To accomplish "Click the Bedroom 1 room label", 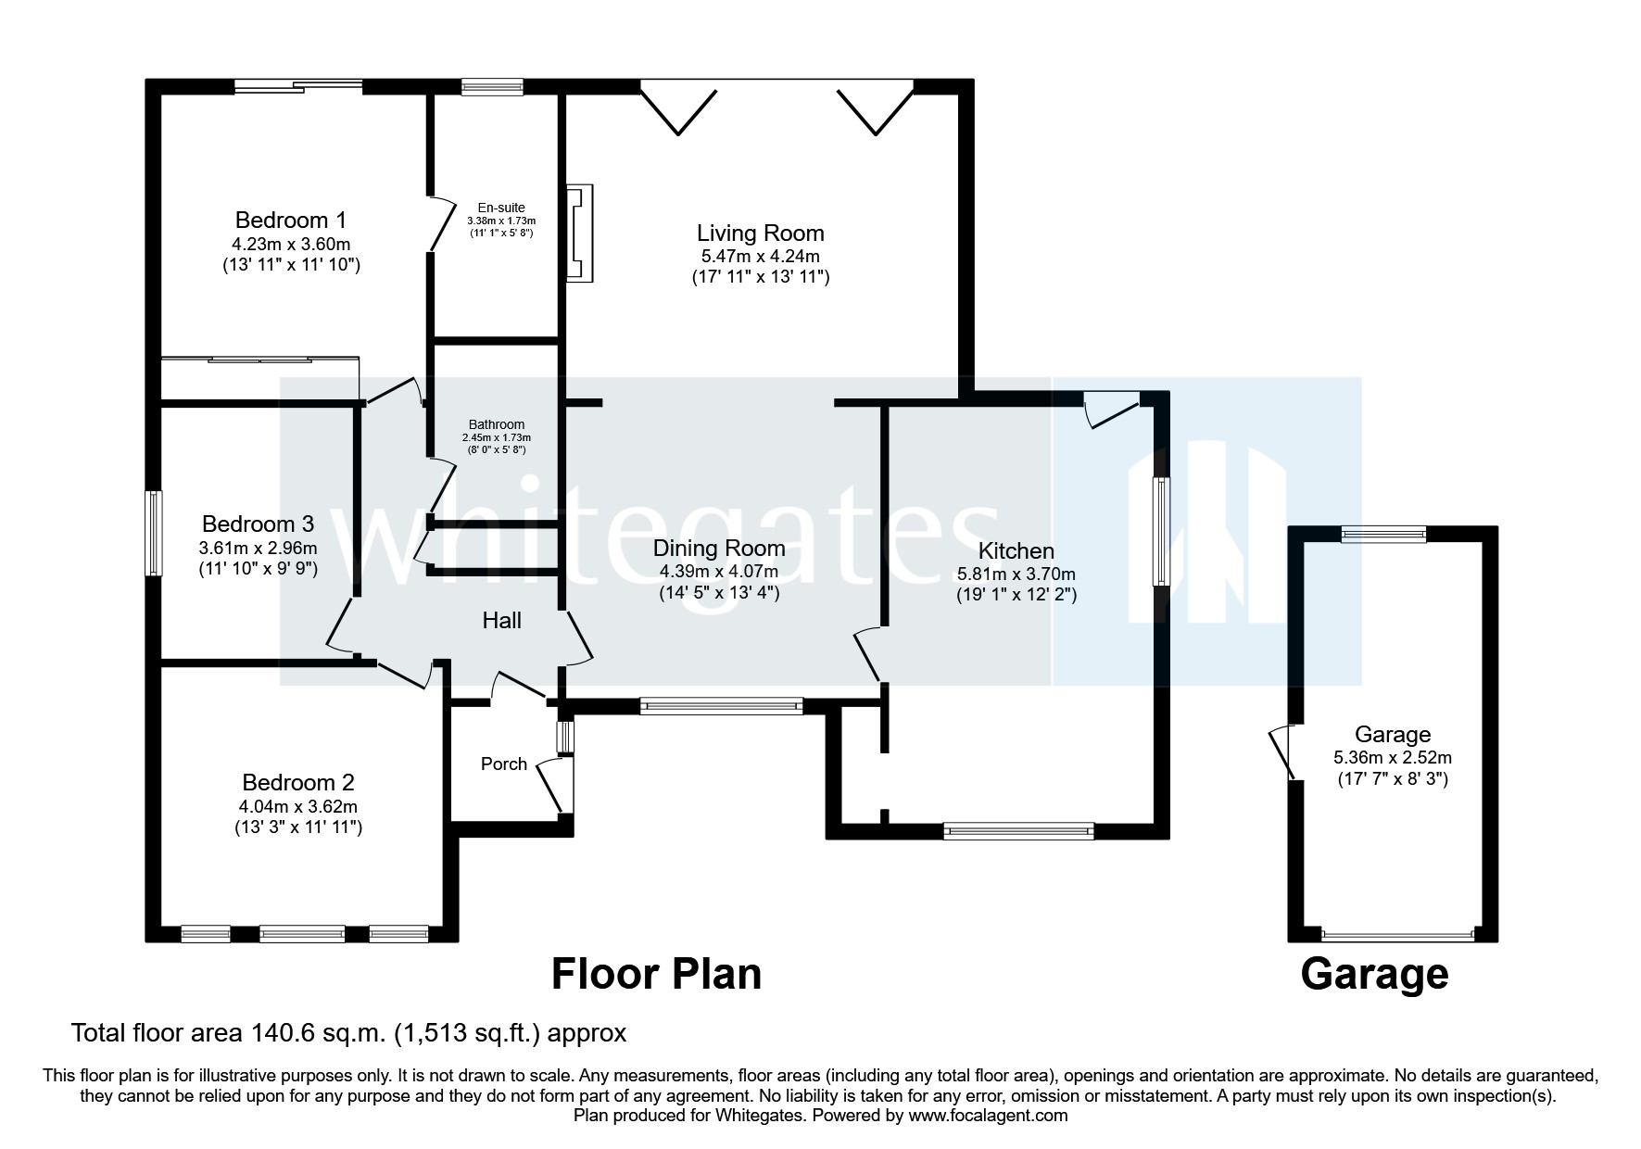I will (x=290, y=221).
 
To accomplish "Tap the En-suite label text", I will (x=501, y=208).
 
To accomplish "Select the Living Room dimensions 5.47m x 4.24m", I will (x=760, y=256).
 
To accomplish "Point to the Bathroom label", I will (x=496, y=424).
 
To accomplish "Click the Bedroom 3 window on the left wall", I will (x=156, y=533).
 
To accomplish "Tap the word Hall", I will (x=501, y=621).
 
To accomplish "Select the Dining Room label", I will (x=718, y=549).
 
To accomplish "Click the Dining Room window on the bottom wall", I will (x=722, y=706).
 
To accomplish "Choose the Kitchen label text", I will (x=1016, y=551).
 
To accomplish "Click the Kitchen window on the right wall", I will (x=1160, y=531).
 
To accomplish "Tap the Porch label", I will (x=504, y=764).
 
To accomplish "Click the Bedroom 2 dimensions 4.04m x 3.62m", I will (x=297, y=805).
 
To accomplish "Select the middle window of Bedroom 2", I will (x=302, y=933).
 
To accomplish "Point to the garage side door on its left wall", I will (x=1284, y=751).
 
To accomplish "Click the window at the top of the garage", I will (x=1384, y=534).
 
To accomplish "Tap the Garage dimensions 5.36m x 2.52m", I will (x=1393, y=757).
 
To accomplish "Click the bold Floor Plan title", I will (x=656, y=975).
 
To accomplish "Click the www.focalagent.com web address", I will (x=987, y=1116).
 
